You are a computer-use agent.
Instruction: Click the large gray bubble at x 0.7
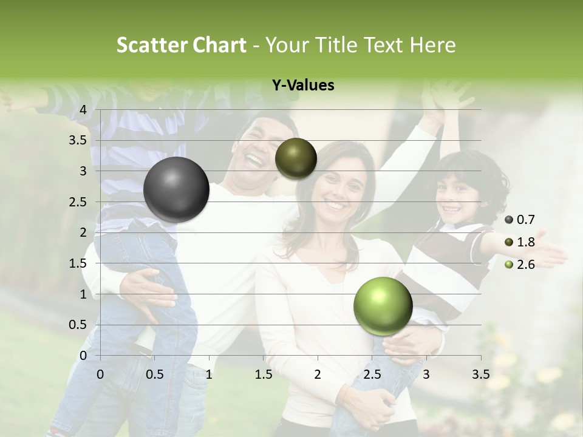tap(177, 189)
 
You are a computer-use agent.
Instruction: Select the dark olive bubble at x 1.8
tap(296, 158)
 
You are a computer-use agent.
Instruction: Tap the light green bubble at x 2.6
tap(383, 306)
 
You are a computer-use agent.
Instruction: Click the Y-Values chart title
tap(303, 86)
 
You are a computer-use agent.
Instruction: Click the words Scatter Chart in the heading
tap(182, 45)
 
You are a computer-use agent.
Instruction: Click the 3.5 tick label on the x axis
tap(480, 374)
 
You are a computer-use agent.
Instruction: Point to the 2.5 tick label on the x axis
tap(372, 374)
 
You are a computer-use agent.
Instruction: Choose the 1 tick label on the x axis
tap(209, 374)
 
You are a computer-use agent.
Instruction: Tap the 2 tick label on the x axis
tap(318, 374)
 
